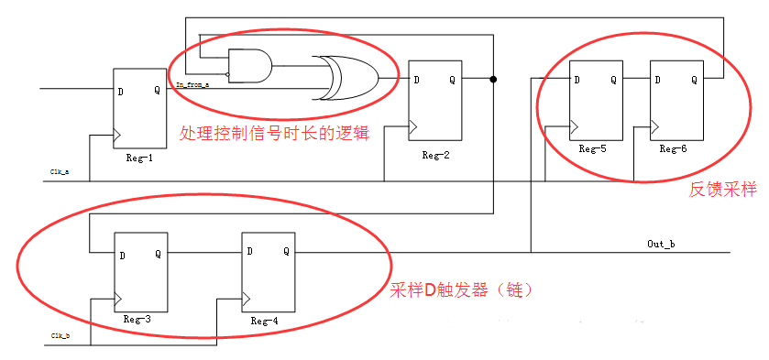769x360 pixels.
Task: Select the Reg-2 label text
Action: tap(435, 154)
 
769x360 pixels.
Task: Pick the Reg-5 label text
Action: tap(595, 147)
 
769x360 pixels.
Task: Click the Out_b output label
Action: tap(661, 244)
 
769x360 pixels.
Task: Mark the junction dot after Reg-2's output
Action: tap(494, 80)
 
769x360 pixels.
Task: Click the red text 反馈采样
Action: tap(723, 190)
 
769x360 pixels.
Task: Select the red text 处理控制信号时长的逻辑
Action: tap(274, 133)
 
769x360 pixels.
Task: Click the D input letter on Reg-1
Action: tap(121, 91)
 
